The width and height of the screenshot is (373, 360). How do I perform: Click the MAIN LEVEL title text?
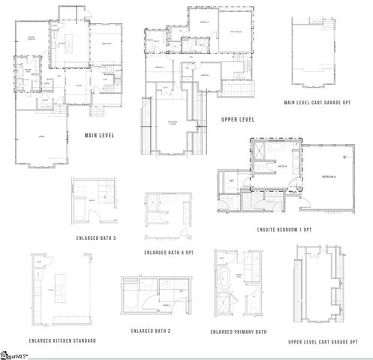tap(101, 136)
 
